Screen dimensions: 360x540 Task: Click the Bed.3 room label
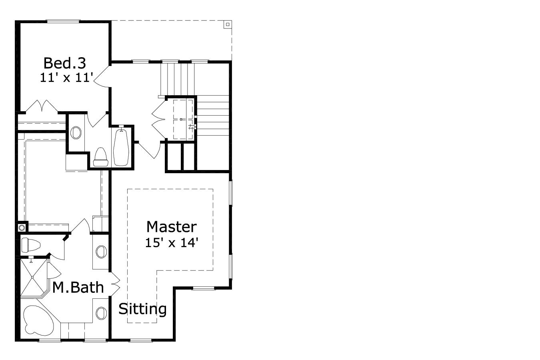64,63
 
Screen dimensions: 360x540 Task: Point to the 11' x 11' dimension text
66,77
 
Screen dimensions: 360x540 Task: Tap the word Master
171,227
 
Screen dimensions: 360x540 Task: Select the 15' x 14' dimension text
172,242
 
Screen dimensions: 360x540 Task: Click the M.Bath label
78,287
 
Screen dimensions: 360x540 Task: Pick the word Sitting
142,309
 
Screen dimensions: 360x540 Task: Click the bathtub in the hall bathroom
120,146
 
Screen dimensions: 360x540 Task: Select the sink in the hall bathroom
76,133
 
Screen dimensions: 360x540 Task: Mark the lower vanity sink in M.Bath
102,312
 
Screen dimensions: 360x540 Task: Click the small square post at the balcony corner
228,24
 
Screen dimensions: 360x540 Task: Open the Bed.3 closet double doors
42,106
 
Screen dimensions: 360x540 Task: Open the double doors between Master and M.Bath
114,283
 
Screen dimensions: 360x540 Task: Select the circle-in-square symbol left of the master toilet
22,228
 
